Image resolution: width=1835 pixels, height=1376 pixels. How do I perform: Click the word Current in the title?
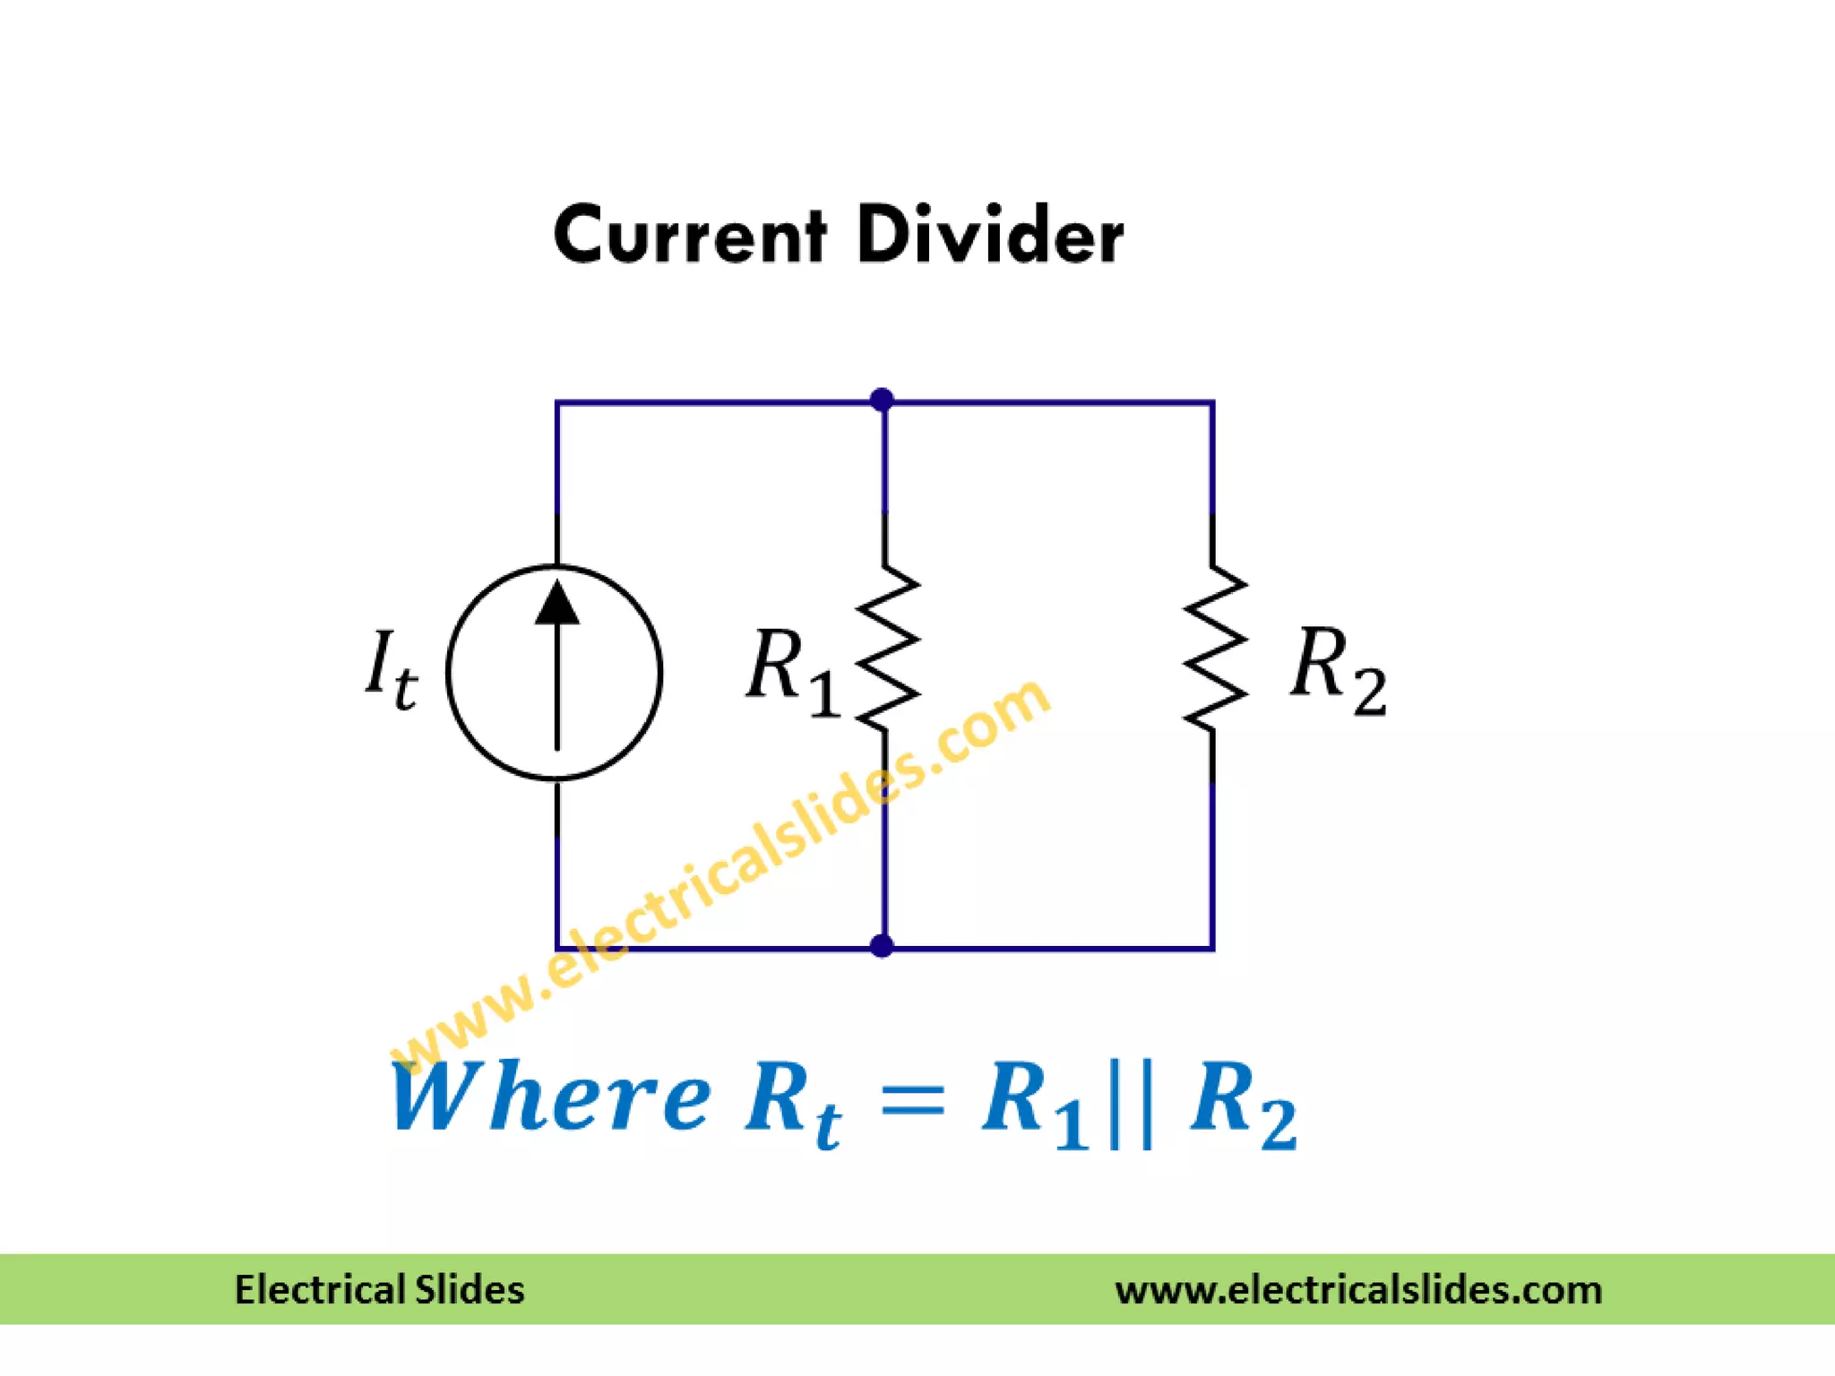click(689, 235)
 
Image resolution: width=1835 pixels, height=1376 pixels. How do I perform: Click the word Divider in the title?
click(990, 235)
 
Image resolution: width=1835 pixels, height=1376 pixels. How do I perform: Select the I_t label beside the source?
click(392, 670)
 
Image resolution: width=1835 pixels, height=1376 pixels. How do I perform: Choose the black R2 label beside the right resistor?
click(1338, 670)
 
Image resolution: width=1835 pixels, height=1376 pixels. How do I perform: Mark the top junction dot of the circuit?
click(882, 400)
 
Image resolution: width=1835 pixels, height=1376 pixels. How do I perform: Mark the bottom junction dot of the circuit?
click(882, 946)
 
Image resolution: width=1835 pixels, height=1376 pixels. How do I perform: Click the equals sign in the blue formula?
click(913, 1098)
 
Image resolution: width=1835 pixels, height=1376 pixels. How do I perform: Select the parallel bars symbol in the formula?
click(1130, 1104)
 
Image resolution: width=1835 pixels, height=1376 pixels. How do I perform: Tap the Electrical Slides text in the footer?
click(379, 1290)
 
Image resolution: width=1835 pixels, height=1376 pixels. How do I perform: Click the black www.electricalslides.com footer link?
click(1358, 1290)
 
